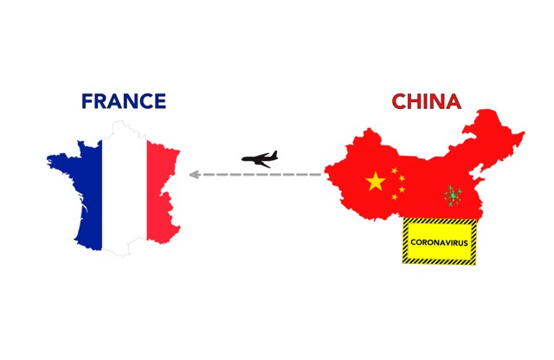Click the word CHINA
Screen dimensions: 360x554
(x=426, y=101)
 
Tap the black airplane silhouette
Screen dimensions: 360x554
(x=260, y=158)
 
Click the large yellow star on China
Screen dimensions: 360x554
(x=375, y=182)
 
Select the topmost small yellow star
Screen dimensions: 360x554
(x=394, y=170)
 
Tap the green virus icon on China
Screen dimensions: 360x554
(x=452, y=196)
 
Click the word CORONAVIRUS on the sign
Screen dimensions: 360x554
(x=439, y=242)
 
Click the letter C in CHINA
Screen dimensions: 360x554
(x=400, y=101)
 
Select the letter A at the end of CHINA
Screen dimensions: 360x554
(x=452, y=101)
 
